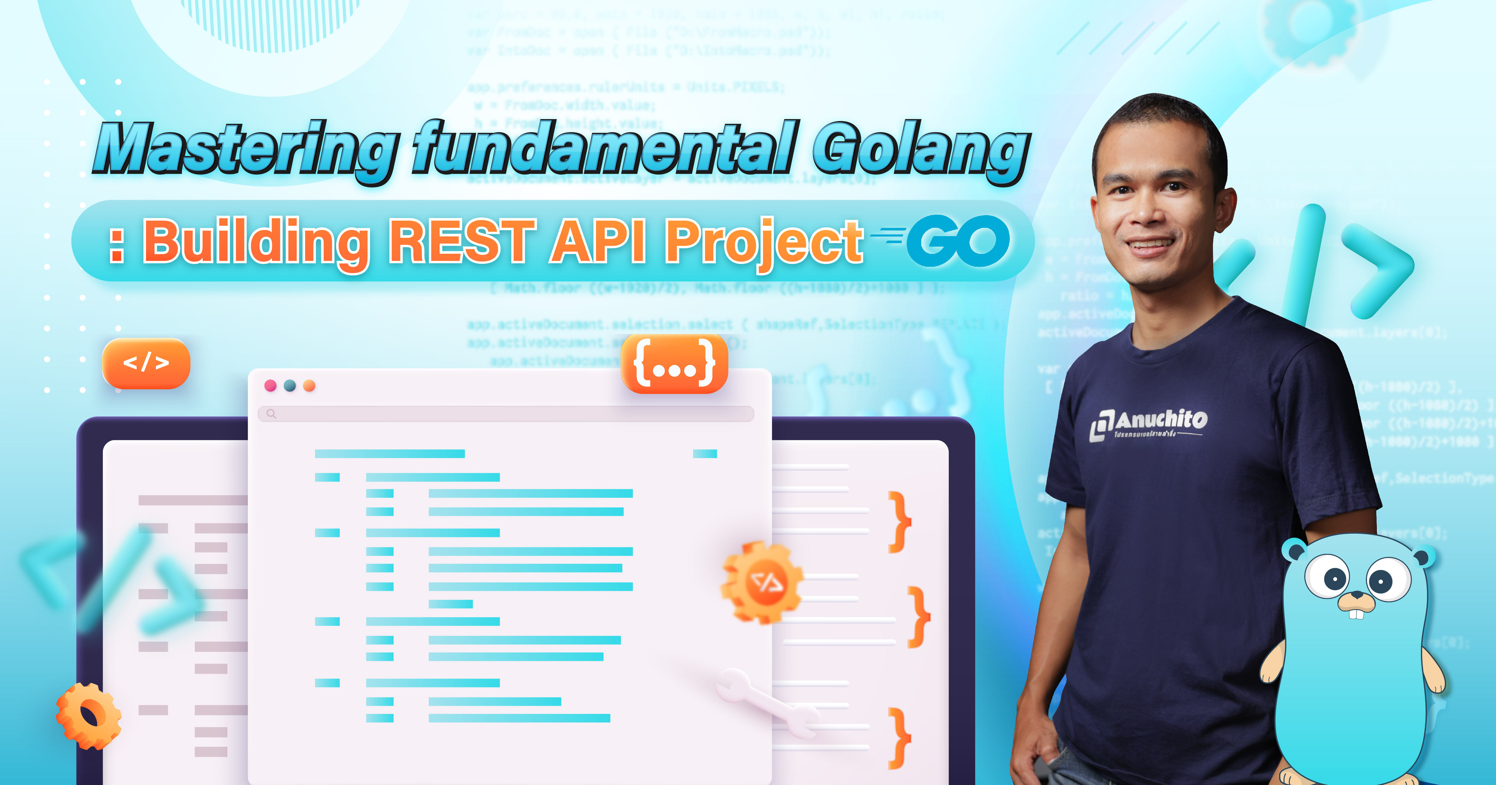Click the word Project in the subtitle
(764, 243)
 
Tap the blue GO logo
(958, 241)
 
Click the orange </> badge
(146, 363)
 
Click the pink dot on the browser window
(270, 385)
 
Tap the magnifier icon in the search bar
(271, 413)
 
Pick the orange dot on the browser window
(309, 385)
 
